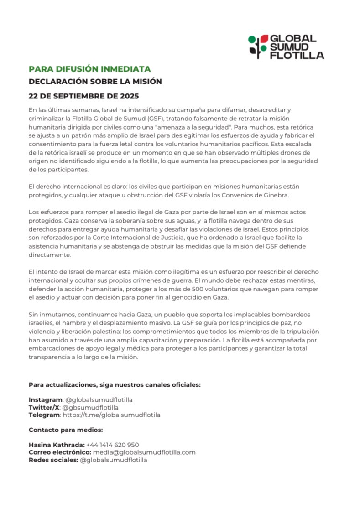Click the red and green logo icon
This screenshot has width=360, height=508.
pyautogui.click(x=258, y=46)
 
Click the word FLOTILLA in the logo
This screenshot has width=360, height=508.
pyautogui.click(x=297, y=56)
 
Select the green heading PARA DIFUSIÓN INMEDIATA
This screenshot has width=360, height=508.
pyautogui.click(x=89, y=69)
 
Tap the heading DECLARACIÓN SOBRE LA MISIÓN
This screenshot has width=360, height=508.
pyautogui.click(x=95, y=82)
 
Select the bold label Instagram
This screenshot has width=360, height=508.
pyautogui.click(x=45, y=399)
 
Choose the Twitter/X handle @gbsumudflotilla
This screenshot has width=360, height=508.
pyautogui.click(x=90, y=407)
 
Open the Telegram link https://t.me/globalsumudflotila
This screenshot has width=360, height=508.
pyautogui.click(x=111, y=415)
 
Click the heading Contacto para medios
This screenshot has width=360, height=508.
pyautogui.click(x=66, y=430)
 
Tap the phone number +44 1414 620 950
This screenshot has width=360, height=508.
pyautogui.click(x=113, y=445)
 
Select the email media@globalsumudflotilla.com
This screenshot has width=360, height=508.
pyautogui.click(x=145, y=452)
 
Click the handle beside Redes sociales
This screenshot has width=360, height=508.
pyautogui.click(x=114, y=460)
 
